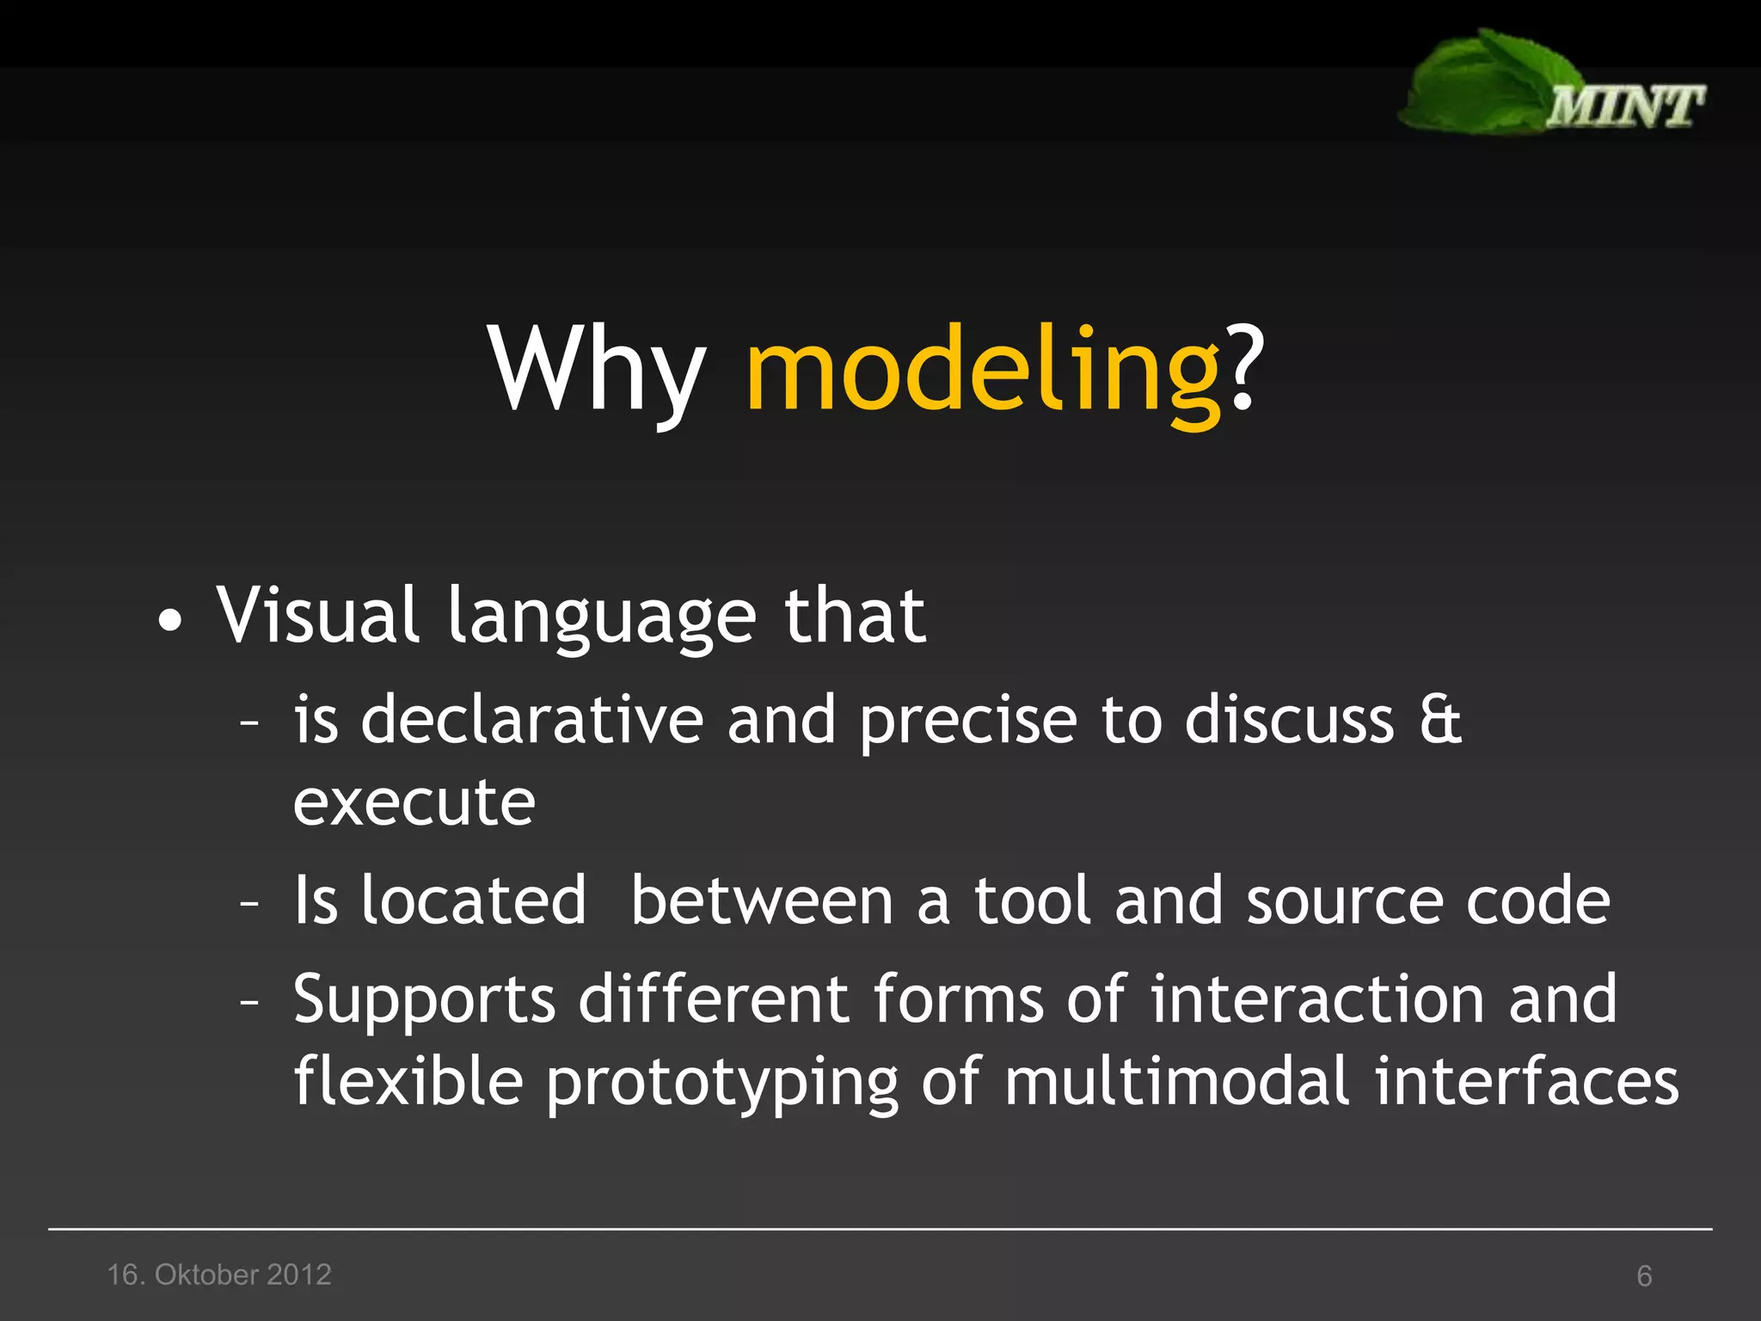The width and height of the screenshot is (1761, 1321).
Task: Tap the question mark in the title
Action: [1246, 366]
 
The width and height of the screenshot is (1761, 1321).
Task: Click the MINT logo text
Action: [1624, 108]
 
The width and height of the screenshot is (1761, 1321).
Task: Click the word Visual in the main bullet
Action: [317, 615]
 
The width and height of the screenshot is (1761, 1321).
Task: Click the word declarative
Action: [532, 719]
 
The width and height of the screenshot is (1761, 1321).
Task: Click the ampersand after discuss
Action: [1439, 719]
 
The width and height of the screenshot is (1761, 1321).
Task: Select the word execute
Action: [414, 803]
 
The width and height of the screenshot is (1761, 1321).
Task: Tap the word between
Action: [762, 901]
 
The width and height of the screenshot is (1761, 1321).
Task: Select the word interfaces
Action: [1525, 1081]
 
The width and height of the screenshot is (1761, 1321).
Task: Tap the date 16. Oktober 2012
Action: [219, 1275]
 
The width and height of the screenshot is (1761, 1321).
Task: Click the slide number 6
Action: [1644, 1275]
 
